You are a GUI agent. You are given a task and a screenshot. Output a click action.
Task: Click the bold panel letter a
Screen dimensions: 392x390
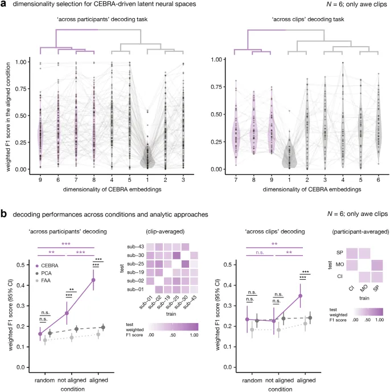5,6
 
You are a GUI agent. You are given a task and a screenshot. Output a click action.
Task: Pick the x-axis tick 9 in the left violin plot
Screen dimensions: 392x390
40,179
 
